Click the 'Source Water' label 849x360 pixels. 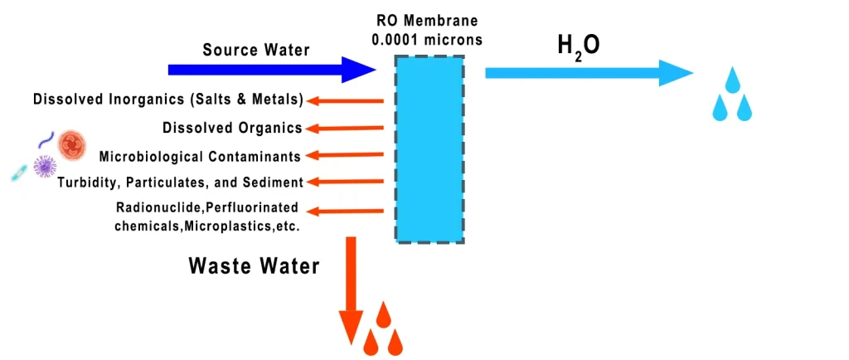pyautogui.click(x=256, y=50)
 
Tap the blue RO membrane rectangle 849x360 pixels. pyautogui.click(x=429, y=148)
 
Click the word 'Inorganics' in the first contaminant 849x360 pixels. pyautogui.click(x=140, y=100)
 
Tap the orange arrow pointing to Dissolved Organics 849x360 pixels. pyautogui.click(x=345, y=128)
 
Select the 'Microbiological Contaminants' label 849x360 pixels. pyautogui.click(x=200, y=156)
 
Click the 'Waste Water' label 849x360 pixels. pyautogui.click(x=254, y=265)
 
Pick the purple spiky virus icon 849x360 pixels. pyautogui.click(x=43, y=167)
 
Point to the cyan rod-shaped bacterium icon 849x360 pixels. pyautogui.click(x=19, y=172)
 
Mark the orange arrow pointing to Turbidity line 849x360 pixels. pyautogui.click(x=345, y=182)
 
